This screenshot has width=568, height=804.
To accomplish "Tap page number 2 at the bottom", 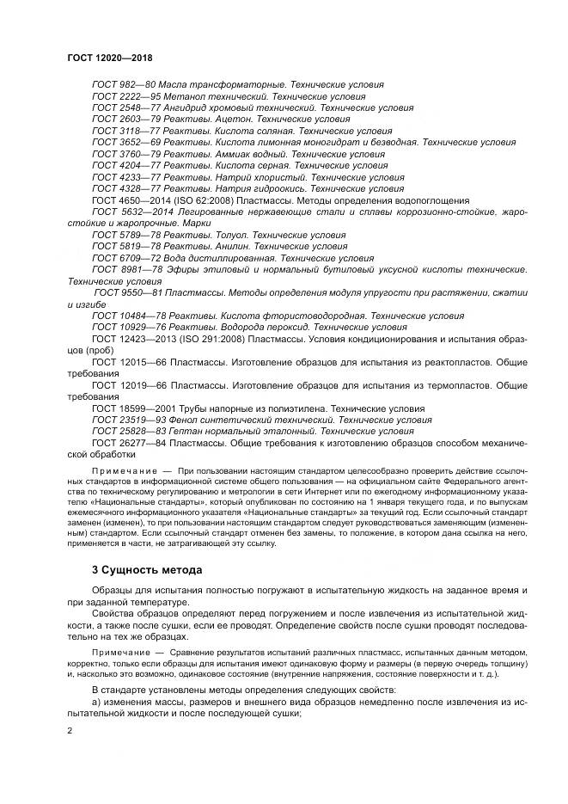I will pyautogui.click(x=70, y=731).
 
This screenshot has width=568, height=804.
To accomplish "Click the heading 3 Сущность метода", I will pyautogui.click(x=147, y=570).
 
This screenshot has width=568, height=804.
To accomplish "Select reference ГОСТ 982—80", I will pyautogui.click(x=123, y=84).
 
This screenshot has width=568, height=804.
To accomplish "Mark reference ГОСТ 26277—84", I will pyautogui.click(x=129, y=443).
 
